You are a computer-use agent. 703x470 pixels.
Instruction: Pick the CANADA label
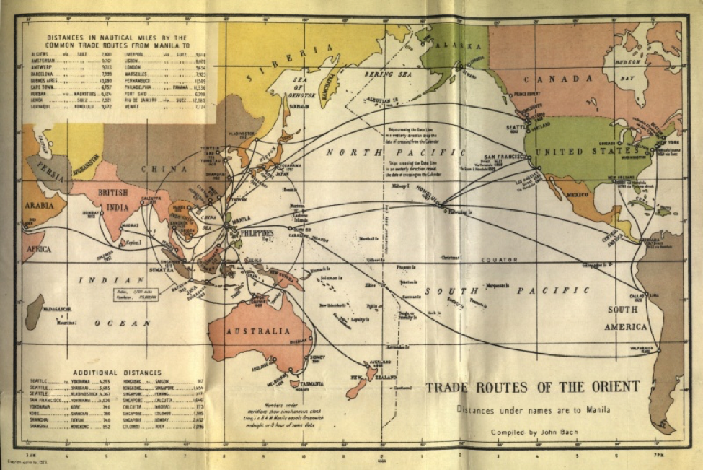click(x=556, y=78)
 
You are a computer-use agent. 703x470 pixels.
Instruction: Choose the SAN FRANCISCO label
click(x=500, y=157)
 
